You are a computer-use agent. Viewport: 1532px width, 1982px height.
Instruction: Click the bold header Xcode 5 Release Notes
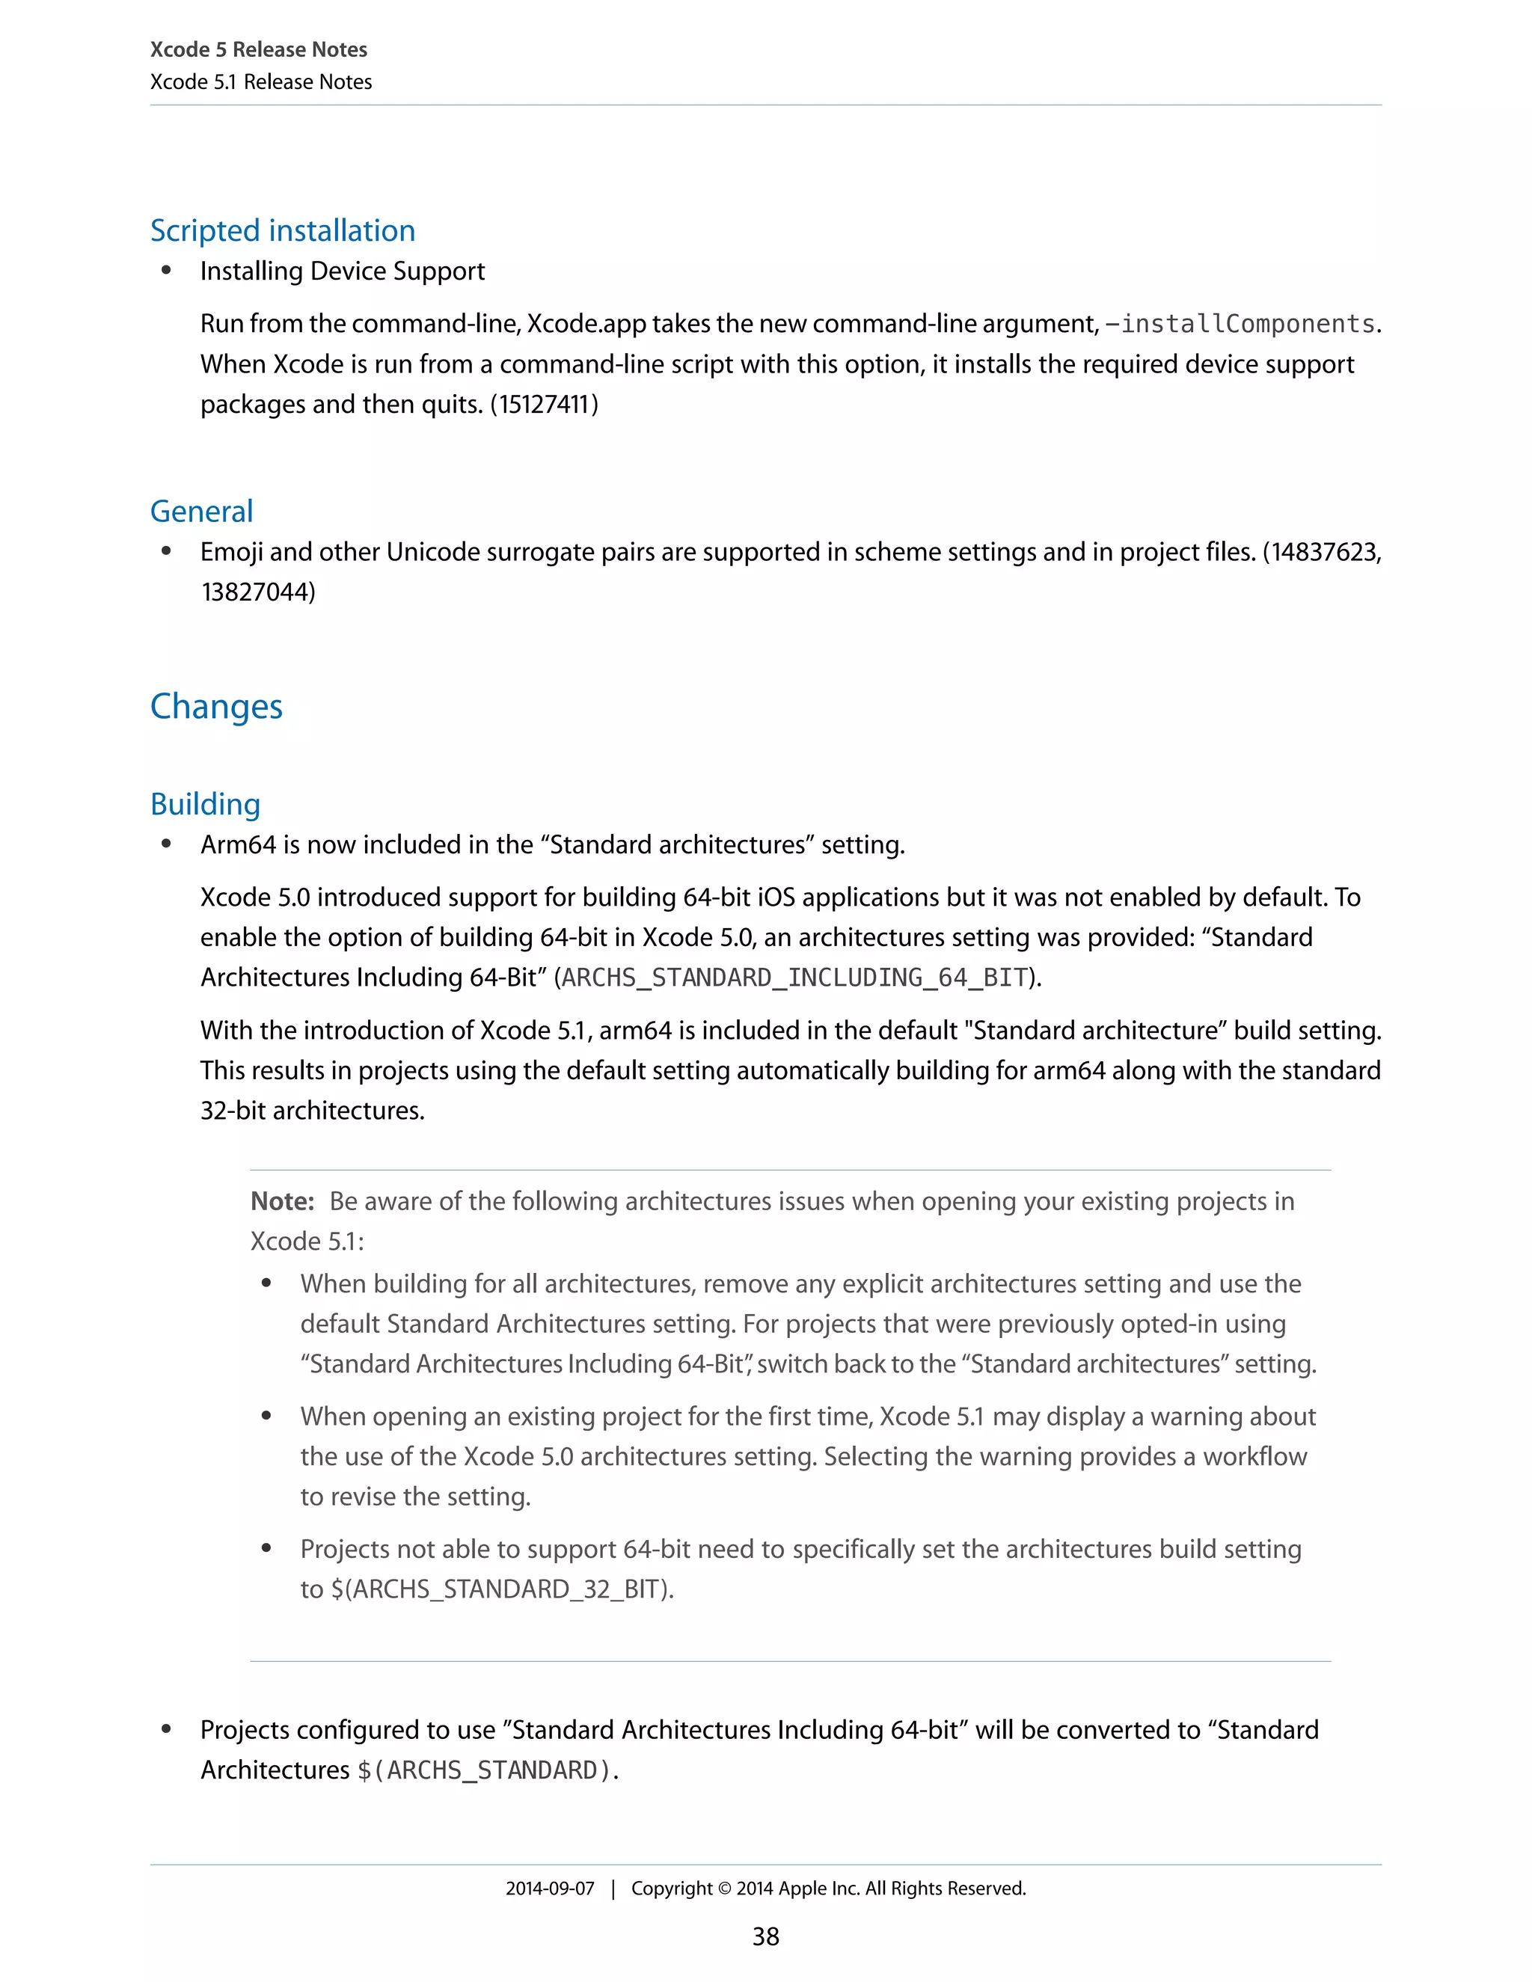pos(259,50)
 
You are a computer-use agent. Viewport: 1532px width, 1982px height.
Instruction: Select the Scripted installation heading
pos(282,230)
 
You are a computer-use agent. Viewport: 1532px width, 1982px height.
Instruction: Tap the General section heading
pos(201,511)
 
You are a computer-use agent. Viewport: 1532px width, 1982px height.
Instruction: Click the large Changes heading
pos(216,706)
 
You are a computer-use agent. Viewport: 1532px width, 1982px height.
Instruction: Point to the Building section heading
pos(205,804)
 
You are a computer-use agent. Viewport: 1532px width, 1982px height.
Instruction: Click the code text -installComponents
pos(1240,324)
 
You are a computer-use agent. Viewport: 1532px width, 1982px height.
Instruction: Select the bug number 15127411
pos(544,404)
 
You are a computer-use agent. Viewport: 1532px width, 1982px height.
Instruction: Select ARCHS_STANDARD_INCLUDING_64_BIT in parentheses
pos(795,978)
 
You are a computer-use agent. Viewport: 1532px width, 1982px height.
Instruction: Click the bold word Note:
pos(282,1202)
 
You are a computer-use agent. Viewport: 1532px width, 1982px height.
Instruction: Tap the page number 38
pos(766,1936)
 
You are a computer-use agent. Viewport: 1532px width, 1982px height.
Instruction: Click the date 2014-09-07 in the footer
pos(550,1889)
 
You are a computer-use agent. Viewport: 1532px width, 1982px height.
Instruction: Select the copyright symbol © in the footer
pos(724,1889)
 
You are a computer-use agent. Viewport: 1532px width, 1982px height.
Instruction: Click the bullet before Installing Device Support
pos(166,271)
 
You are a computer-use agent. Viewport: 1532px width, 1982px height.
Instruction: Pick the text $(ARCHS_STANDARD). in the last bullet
pos(488,1770)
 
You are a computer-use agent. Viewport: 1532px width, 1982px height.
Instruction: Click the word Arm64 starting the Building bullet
pos(238,845)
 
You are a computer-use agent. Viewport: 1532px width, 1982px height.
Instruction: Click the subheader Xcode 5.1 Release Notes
pos(260,82)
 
